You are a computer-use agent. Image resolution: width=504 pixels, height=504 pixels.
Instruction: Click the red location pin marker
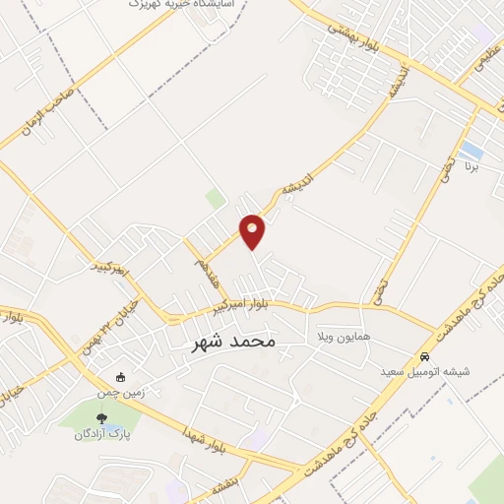tap(253, 230)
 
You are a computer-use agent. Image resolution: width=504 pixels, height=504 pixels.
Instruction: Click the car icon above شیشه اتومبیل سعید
tap(424, 356)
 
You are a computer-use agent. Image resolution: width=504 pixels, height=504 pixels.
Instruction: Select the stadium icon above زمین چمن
tap(121, 376)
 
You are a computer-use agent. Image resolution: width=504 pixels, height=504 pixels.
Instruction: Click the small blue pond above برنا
tap(471, 151)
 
